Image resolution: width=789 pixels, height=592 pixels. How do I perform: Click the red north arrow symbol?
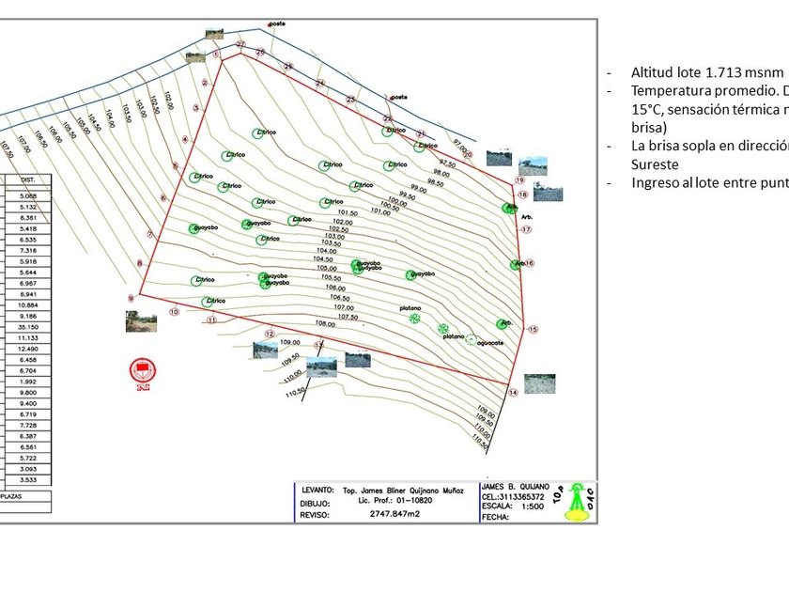144,373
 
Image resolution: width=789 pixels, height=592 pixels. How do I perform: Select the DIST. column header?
28,179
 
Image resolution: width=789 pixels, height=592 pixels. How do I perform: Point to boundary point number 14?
513,392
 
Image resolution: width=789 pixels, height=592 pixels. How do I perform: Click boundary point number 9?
131,299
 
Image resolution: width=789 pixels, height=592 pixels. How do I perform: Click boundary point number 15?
533,330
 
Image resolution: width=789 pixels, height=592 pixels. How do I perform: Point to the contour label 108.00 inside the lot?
325,323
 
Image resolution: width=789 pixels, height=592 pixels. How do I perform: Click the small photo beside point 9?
141,321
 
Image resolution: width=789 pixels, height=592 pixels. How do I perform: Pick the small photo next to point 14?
539,382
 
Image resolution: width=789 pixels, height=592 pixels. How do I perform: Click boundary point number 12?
269,334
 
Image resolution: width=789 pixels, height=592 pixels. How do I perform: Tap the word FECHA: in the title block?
495,517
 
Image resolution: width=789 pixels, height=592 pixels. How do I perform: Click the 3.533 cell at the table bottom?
28,479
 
